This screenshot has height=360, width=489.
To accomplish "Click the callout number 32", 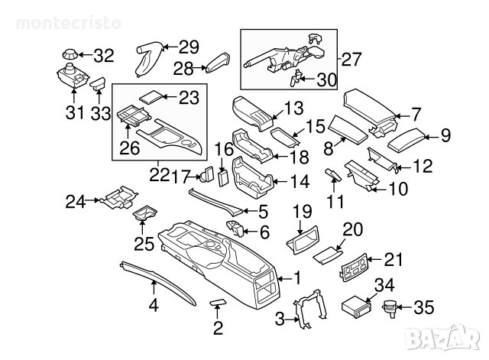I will point(103,55).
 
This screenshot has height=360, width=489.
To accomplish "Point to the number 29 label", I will point(188,46).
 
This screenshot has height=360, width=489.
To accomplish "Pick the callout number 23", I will point(187,97).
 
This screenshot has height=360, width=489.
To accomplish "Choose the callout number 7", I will point(416,115).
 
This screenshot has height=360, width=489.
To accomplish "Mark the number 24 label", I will point(75,201).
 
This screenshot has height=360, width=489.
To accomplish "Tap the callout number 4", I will point(153,308).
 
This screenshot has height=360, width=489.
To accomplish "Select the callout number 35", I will point(423,308).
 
